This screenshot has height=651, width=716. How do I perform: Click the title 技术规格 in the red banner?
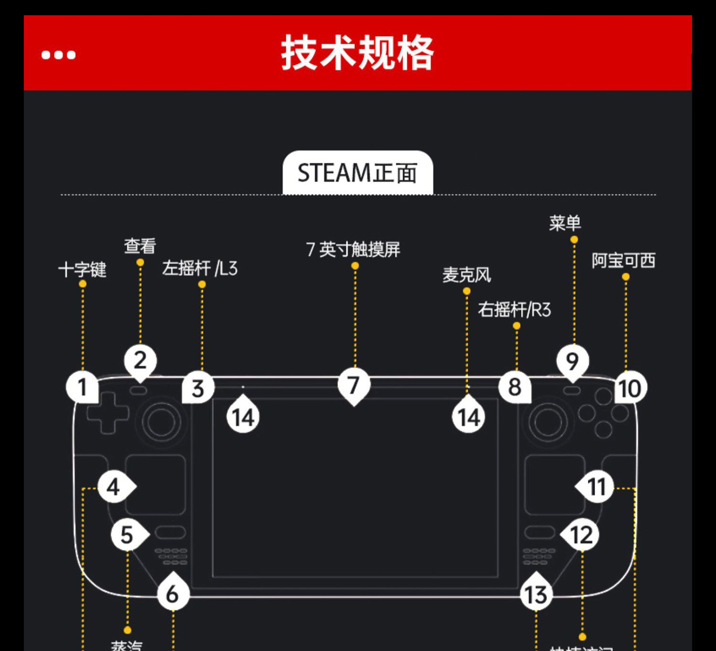pyautogui.click(x=357, y=53)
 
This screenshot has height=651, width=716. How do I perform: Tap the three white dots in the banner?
pyautogui.click(x=58, y=55)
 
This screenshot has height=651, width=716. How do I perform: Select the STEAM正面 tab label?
pyautogui.click(x=358, y=173)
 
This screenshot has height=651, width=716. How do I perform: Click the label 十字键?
pyautogui.click(x=82, y=269)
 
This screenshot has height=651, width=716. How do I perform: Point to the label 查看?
pyautogui.click(x=140, y=246)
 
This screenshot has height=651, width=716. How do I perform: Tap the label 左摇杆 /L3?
pyautogui.click(x=200, y=269)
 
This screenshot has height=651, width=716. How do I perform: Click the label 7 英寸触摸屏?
pyautogui.click(x=353, y=249)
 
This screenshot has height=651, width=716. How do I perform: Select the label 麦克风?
pyautogui.click(x=466, y=275)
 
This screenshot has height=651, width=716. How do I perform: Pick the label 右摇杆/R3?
pyautogui.click(x=514, y=310)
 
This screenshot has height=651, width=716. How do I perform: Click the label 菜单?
pyautogui.click(x=565, y=223)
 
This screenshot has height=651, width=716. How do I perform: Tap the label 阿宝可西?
pyautogui.click(x=623, y=261)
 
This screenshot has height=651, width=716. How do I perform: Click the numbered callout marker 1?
pyautogui.click(x=82, y=387)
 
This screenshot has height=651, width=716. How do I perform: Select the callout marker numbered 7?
pyautogui.click(x=354, y=385)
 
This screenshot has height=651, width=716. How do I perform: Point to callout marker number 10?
pyautogui.click(x=630, y=388)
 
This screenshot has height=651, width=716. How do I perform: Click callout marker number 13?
pyautogui.click(x=536, y=594)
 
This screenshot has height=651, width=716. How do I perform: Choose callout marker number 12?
pyautogui.click(x=581, y=535)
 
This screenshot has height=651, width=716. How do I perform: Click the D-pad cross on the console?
pyautogui.click(x=107, y=413)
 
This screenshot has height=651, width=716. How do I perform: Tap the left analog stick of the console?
pyautogui.click(x=161, y=422)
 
